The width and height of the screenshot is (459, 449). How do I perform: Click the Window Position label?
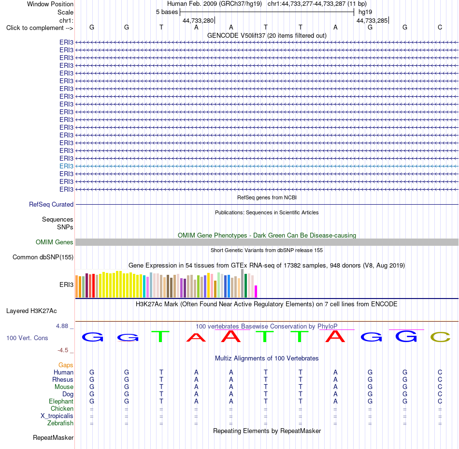click(x=50, y=4)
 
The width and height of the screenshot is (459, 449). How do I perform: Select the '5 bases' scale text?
click(x=167, y=12)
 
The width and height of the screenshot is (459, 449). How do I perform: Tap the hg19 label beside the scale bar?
click(x=365, y=12)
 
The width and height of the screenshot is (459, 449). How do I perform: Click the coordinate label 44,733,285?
click(x=372, y=20)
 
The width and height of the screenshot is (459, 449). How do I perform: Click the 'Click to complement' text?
click(x=35, y=28)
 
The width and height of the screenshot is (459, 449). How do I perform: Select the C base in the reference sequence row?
click(x=440, y=27)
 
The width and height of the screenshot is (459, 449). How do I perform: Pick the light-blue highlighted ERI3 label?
click(x=66, y=166)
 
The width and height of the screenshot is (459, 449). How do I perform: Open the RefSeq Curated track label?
click(x=51, y=204)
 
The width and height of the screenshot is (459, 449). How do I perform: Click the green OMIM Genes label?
click(x=54, y=242)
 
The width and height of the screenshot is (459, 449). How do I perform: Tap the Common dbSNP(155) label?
click(x=43, y=257)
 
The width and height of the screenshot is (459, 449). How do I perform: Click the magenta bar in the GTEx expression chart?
click(x=256, y=291)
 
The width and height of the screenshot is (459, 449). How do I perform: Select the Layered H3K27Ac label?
click(x=31, y=311)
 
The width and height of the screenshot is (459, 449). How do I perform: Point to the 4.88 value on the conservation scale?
click(x=62, y=326)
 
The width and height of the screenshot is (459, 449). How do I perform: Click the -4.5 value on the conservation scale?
click(x=63, y=350)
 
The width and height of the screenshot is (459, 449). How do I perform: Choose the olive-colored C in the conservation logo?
click(x=440, y=337)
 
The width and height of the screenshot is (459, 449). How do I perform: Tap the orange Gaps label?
click(x=66, y=365)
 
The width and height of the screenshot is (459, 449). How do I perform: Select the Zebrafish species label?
click(x=60, y=423)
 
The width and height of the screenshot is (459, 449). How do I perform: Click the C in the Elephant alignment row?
click(x=440, y=401)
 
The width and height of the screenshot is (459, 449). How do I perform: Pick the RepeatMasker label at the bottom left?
click(x=53, y=437)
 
